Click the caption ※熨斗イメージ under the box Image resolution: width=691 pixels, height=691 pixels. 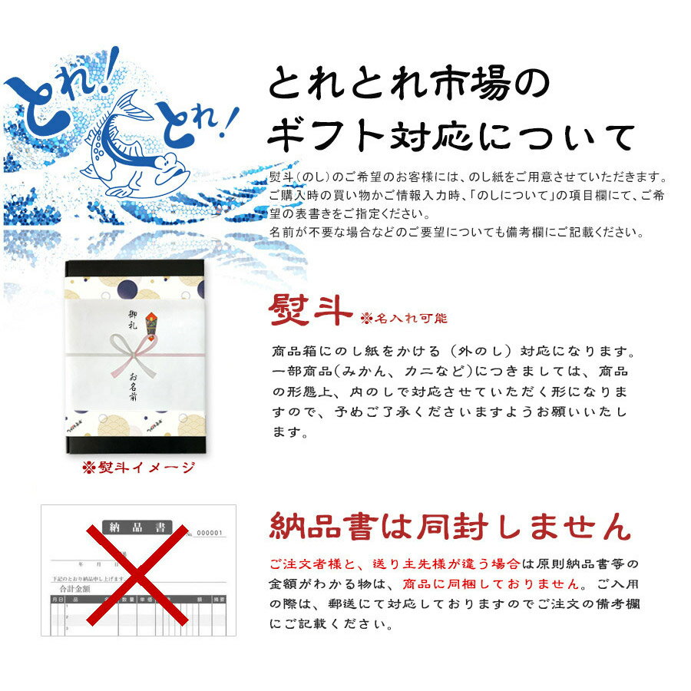(139, 468)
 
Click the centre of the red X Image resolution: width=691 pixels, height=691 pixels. (134, 572)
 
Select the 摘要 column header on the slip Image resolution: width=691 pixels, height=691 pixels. (219, 598)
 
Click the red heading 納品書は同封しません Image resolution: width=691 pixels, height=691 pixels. (450, 527)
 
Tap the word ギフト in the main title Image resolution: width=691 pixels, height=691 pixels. (329, 137)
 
